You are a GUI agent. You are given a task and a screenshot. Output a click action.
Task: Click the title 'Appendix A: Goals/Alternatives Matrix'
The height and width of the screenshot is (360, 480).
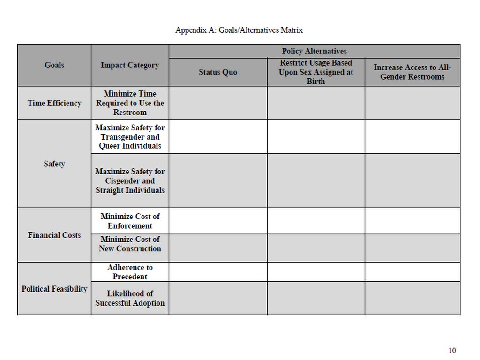coord(239,30)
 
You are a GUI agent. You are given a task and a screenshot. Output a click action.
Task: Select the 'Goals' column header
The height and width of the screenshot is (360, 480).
coord(54,65)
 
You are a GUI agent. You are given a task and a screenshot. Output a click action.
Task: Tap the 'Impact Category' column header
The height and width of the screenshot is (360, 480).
coord(130,65)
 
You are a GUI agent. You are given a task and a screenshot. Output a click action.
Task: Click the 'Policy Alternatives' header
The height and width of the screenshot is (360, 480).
coord(314,51)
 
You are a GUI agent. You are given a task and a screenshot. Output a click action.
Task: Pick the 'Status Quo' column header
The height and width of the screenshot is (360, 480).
coord(218,72)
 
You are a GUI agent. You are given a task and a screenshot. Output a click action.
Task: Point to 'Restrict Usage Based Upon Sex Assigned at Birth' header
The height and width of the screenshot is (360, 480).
coord(316,72)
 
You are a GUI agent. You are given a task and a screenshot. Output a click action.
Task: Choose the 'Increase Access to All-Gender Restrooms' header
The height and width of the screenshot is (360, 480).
coord(412,72)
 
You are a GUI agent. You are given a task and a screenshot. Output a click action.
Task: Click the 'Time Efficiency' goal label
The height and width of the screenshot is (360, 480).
coord(54,103)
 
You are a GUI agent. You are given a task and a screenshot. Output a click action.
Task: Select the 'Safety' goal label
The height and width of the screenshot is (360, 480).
coord(54,164)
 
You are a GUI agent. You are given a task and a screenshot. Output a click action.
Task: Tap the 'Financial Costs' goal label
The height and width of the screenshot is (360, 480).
coord(54,235)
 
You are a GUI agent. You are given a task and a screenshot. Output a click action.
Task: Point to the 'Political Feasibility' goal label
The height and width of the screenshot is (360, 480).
coord(54,289)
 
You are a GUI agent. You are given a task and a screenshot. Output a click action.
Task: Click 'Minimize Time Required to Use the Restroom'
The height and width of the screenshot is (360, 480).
coord(130,103)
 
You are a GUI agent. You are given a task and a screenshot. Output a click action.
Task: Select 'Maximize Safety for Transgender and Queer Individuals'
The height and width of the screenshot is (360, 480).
coord(130,136)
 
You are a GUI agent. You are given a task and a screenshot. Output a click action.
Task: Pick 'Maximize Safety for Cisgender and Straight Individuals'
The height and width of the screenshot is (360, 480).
coord(130,180)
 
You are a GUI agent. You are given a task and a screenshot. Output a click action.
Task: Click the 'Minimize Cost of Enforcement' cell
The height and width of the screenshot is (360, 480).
coord(130,221)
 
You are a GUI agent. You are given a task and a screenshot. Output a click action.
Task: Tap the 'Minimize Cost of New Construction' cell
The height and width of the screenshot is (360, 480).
coord(130,244)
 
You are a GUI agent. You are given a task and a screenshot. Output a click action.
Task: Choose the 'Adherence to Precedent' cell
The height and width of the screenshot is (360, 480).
coord(130,272)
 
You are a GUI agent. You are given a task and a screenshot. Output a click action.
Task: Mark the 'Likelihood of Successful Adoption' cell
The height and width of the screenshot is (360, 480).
coord(130,298)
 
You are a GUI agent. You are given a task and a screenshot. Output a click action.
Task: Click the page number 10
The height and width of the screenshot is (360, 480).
coord(452,350)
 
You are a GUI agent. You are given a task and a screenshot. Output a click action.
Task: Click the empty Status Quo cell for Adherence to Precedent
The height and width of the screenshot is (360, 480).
coord(218,272)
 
